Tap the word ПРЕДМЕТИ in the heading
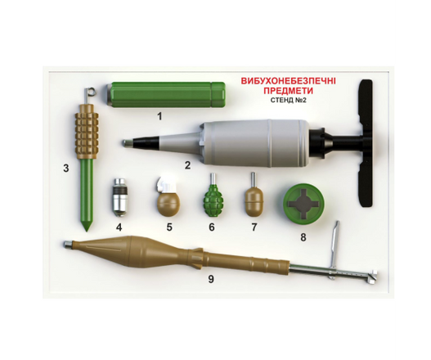[x=289, y=91]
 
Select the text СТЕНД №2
[x=289, y=100]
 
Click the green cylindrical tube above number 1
[x=165, y=95]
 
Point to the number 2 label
[x=187, y=165]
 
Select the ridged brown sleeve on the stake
[x=87, y=136]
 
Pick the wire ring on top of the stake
[x=90, y=91]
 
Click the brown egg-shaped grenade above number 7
[x=254, y=199]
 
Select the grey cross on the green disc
[x=303, y=203]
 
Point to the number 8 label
[x=303, y=237]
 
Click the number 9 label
[x=210, y=279]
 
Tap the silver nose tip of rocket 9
[x=68, y=245]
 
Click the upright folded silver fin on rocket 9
[x=334, y=242]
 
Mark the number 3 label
[x=65, y=168]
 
